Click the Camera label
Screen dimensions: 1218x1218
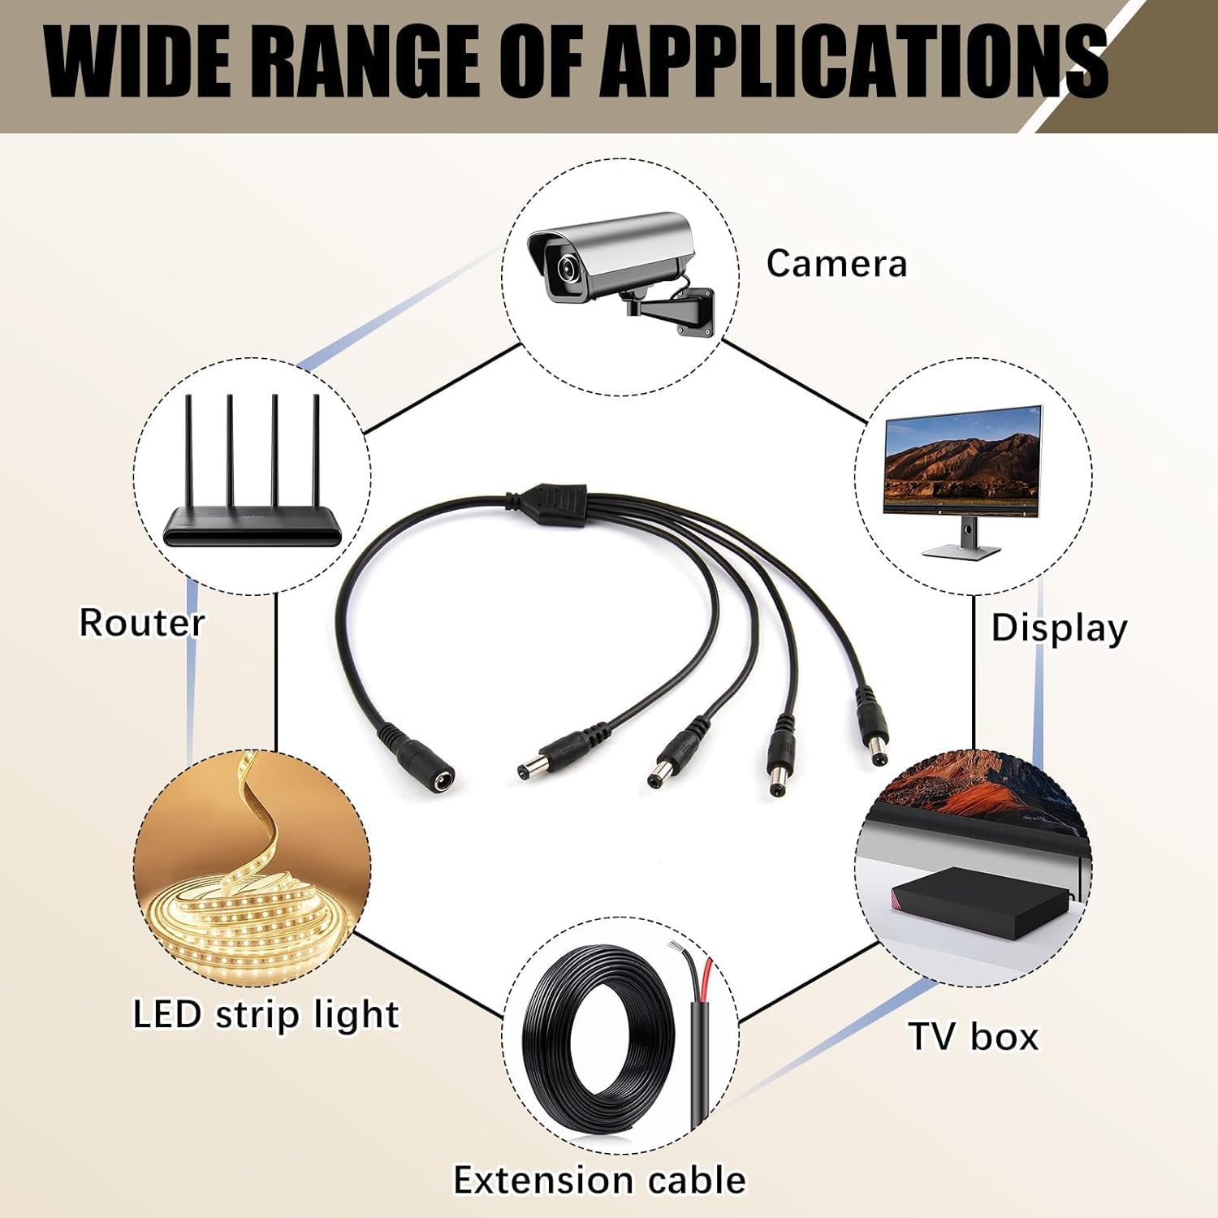click(836, 264)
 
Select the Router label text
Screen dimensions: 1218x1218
click(141, 623)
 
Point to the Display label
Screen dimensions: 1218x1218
click(1059, 628)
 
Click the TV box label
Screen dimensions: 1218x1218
click(974, 1037)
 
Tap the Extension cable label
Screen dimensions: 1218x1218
click(599, 1180)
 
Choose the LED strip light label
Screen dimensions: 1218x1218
click(266, 1014)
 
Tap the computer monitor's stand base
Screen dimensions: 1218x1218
click(961, 551)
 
